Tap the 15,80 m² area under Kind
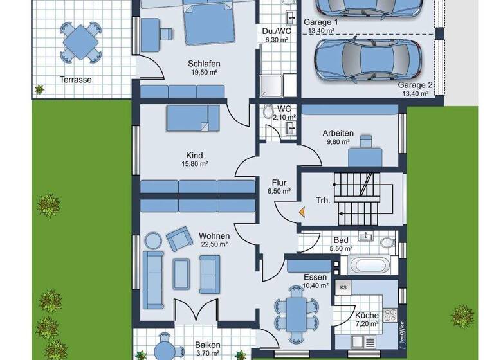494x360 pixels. [194, 164]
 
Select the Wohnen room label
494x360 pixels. [214, 235]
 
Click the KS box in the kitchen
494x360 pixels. [343, 287]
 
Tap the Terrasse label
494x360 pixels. [76, 80]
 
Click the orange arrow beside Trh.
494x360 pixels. [301, 210]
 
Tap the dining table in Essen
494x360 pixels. [295, 313]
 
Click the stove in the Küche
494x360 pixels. [389, 314]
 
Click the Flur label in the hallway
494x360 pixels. [278, 182]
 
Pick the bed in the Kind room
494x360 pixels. [194, 118]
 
